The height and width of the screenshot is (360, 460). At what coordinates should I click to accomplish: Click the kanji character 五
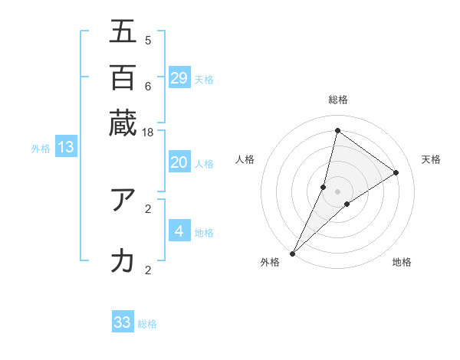(123, 32)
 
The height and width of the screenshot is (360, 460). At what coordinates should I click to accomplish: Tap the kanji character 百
(123, 77)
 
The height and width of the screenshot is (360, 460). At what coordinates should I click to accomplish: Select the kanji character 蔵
(123, 122)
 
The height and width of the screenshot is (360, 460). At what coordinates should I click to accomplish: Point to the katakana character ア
(123, 200)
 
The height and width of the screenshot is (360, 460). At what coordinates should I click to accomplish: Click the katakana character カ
(123, 262)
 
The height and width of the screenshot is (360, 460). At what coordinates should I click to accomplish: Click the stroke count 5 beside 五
(147, 40)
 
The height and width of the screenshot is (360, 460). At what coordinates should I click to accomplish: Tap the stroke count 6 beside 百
(147, 86)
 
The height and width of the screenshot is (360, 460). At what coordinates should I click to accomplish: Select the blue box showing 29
(179, 78)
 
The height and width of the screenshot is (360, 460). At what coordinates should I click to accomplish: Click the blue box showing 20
(179, 162)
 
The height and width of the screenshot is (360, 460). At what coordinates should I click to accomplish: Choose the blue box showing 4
(179, 231)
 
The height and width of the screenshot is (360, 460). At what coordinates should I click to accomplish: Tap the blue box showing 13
(65, 147)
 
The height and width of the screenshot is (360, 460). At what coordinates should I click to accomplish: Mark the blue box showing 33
(123, 322)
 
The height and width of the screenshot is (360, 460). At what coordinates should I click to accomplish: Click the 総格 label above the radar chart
(338, 100)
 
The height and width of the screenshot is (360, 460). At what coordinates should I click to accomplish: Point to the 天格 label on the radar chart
(431, 159)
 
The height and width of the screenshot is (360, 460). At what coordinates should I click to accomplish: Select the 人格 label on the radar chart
(245, 159)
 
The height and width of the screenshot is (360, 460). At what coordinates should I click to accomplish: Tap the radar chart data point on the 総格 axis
(337, 130)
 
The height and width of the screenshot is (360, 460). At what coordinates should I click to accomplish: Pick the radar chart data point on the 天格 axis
(396, 172)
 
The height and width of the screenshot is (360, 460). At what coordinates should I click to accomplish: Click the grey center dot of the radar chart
(338, 191)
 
